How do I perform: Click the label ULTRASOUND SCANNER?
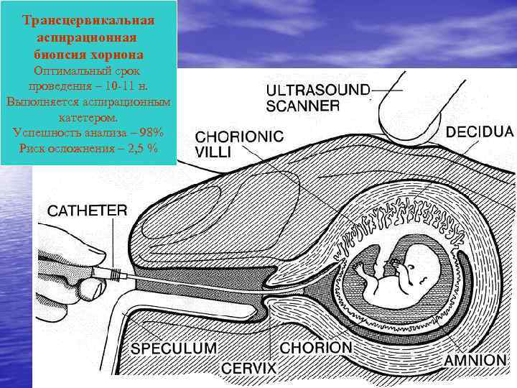(x=318, y=98)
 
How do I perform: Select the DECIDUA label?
(x=480, y=131)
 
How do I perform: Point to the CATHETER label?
(x=88, y=211)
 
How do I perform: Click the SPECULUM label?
(x=173, y=348)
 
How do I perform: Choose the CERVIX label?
(x=248, y=368)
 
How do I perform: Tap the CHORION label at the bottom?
(x=317, y=348)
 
